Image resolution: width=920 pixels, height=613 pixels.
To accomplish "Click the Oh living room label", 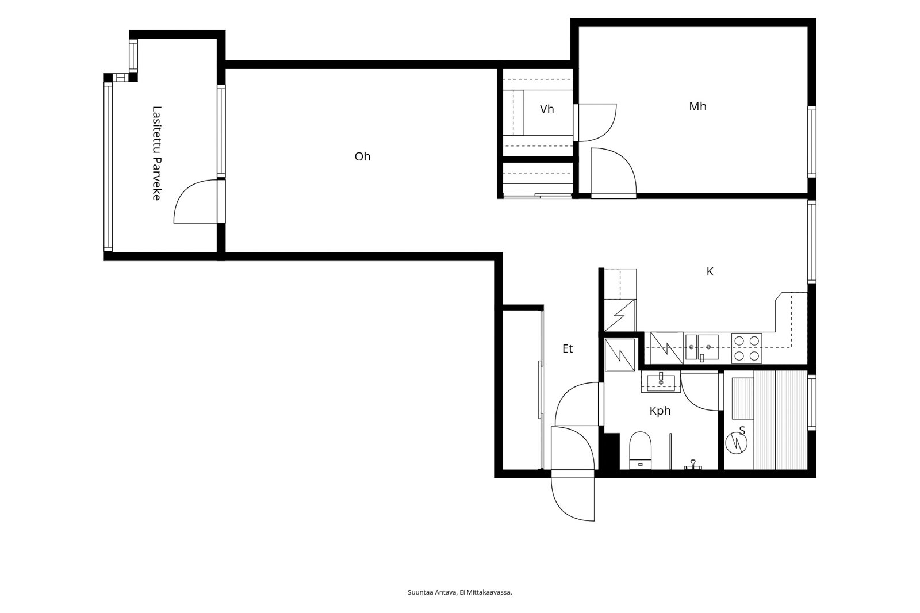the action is [362, 156].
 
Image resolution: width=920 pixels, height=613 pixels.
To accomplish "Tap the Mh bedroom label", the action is [697, 106].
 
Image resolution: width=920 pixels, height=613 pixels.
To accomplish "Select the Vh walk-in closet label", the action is [547, 109].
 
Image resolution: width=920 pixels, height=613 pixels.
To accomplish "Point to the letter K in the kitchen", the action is [710, 271].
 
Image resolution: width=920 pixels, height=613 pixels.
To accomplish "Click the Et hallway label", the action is [567, 349].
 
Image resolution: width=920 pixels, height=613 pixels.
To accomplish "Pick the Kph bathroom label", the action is [660, 411].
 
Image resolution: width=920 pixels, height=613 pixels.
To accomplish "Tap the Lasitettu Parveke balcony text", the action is [156, 153].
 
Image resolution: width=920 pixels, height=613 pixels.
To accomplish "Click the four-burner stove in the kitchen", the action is [746, 348].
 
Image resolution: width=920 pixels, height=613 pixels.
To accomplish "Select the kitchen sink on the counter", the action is [701, 348].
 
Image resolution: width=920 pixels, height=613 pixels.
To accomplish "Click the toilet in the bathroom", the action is [641, 450].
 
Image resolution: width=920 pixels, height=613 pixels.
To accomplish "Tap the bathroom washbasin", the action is [661, 382].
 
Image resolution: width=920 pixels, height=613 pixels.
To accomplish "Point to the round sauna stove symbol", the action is [736, 444].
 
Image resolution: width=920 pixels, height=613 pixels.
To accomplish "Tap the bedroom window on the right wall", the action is [811, 141].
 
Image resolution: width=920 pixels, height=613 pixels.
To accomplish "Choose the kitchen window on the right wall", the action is [811, 242].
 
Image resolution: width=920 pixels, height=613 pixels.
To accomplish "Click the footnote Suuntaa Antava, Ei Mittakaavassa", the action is [459, 592].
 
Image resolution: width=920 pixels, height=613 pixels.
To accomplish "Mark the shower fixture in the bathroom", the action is [693, 465].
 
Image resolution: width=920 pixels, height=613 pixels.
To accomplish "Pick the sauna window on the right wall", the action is [811, 402].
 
